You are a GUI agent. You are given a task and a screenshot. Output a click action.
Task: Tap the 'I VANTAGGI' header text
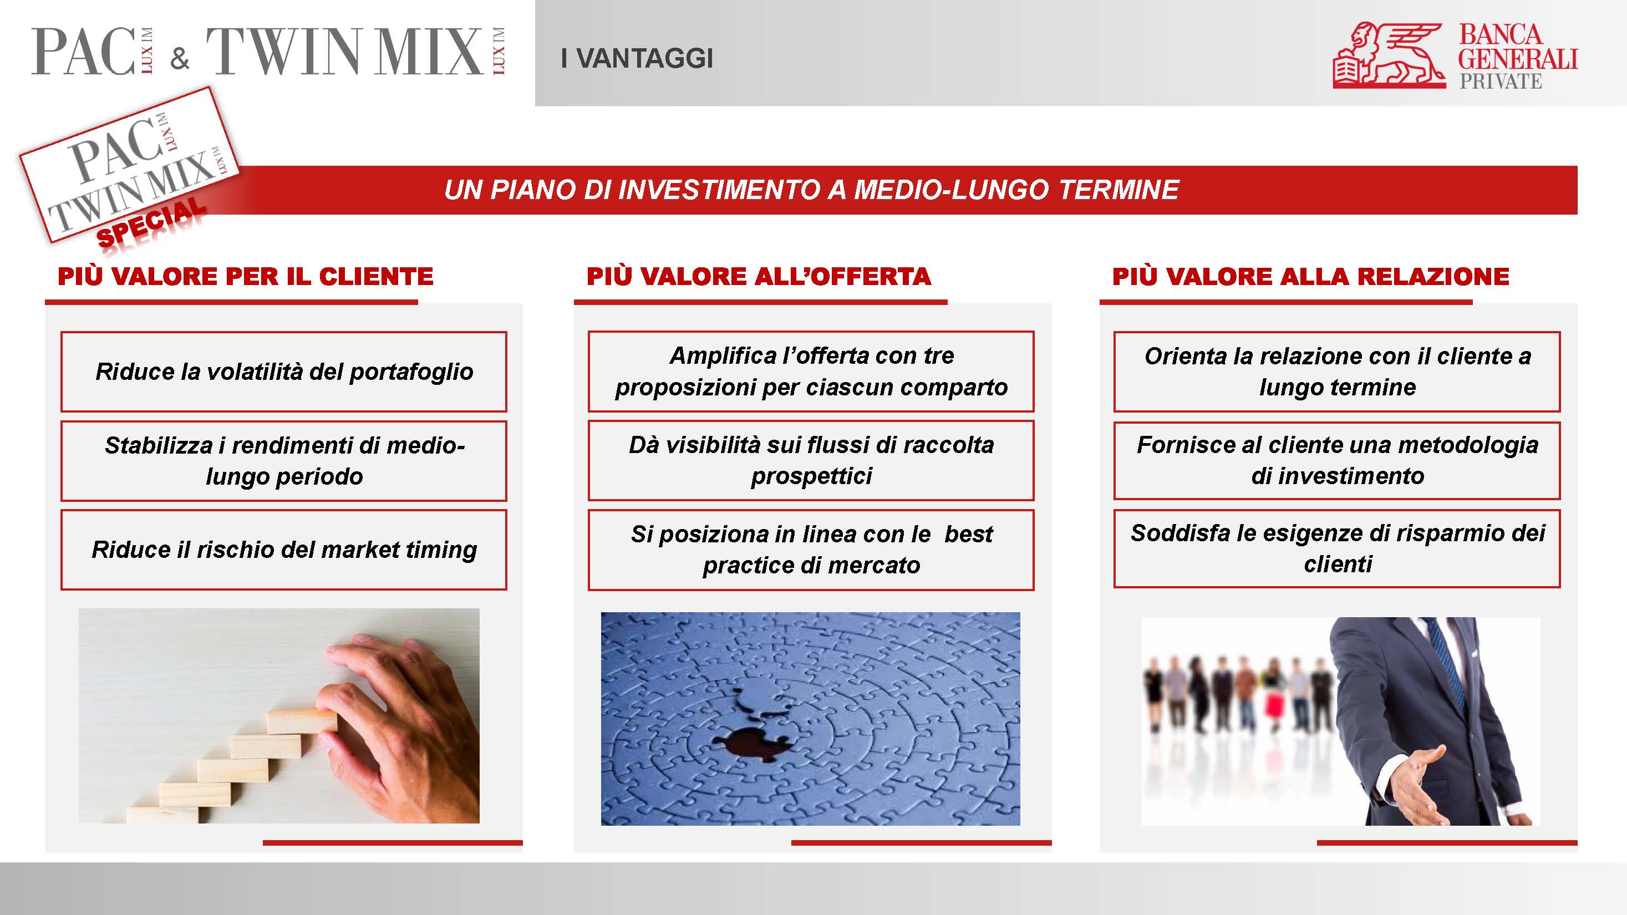click(x=637, y=59)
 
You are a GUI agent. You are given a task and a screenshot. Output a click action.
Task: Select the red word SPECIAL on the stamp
click(x=151, y=222)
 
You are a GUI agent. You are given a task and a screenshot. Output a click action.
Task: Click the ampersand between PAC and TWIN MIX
click(x=179, y=59)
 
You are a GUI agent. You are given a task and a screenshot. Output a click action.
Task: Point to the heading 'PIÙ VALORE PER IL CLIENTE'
click(x=245, y=277)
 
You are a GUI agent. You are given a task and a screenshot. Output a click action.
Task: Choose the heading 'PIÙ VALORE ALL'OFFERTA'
click(x=759, y=277)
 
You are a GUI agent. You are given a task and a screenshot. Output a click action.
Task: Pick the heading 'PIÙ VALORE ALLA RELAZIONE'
click(x=1310, y=277)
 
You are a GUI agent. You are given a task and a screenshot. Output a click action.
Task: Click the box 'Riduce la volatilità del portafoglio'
click(x=283, y=372)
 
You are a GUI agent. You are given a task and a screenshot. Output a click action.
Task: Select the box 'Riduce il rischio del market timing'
click(x=283, y=550)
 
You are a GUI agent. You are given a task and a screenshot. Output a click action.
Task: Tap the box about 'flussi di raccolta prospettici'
click(x=811, y=460)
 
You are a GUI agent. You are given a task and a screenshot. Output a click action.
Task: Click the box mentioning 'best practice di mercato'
click(x=811, y=550)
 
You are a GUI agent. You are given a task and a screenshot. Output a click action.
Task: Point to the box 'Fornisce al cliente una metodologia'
click(x=1336, y=460)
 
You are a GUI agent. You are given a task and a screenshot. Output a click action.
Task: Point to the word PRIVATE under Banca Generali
click(x=1500, y=82)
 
